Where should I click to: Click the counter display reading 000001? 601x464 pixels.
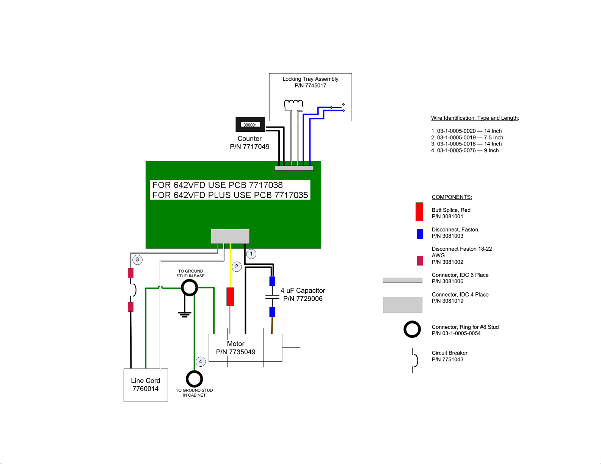tap(250, 125)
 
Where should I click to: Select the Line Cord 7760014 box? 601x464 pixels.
tap(146, 384)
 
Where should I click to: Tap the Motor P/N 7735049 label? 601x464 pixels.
tap(236, 348)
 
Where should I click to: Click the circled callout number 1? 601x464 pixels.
tap(251, 254)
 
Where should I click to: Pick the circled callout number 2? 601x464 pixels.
tap(237, 266)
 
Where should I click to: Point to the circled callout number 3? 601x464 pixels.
tap(137, 259)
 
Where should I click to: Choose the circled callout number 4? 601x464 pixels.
tap(201, 361)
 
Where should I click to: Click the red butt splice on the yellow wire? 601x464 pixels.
tap(230, 297)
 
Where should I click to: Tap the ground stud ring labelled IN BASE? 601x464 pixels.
tap(190, 288)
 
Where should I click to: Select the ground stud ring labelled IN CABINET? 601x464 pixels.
tap(194, 379)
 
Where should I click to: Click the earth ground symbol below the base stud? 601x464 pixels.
tap(185, 314)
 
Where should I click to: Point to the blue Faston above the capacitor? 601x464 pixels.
tap(272, 281)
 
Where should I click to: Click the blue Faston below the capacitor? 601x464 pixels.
tap(272, 312)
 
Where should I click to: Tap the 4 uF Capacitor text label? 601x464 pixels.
tap(303, 294)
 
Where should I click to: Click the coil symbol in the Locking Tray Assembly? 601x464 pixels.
tap(293, 105)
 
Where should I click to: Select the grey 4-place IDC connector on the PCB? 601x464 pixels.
tap(230, 236)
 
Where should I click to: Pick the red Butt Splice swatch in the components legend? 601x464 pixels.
tap(419, 212)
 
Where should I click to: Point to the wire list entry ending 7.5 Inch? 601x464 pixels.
tap(467, 137)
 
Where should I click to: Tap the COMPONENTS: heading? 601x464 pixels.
tap(452, 197)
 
